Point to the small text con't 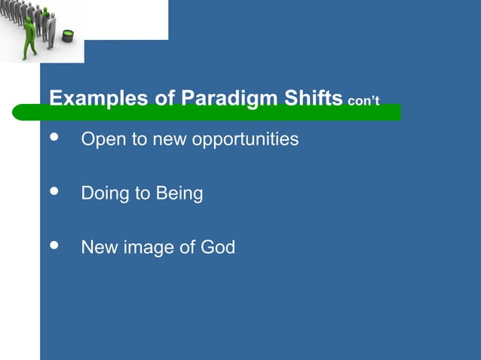pyautogui.click(x=363, y=101)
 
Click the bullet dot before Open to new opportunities pyautogui.click(x=53, y=139)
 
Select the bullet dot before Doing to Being pyautogui.click(x=53, y=193)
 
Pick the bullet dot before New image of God pyautogui.click(x=53, y=246)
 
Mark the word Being pyautogui.click(x=179, y=194)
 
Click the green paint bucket pyautogui.click(x=68, y=35)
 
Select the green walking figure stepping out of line pyautogui.click(x=29, y=36)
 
